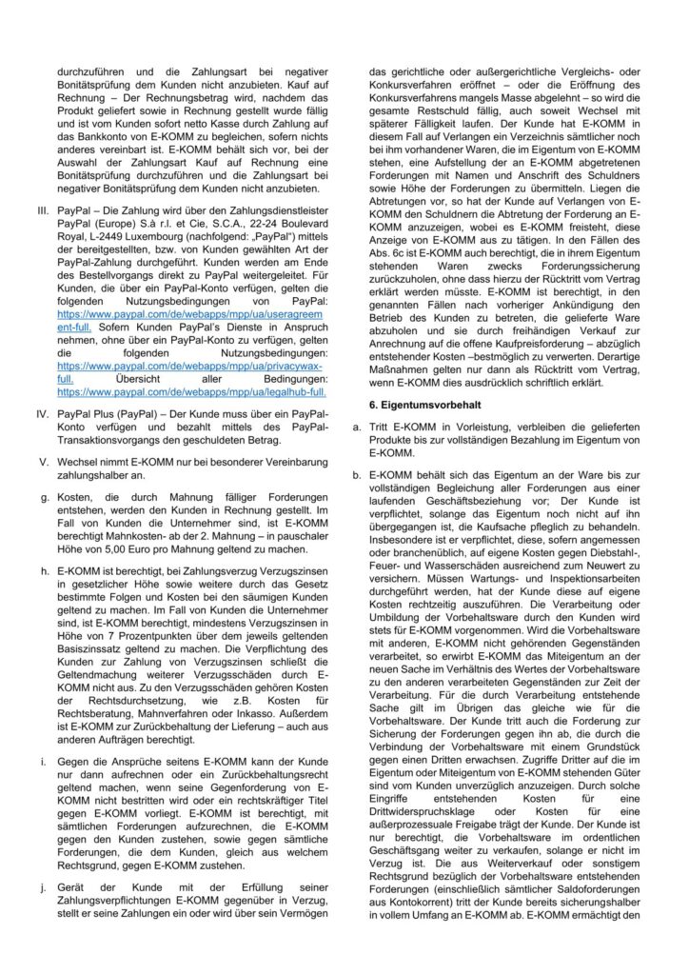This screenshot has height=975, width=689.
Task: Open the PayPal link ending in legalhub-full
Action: [x=191, y=390]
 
